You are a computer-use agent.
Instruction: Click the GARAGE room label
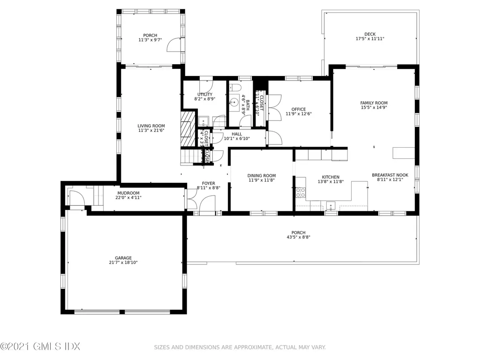click(x=123, y=258)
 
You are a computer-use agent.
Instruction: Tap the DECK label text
click(x=370, y=34)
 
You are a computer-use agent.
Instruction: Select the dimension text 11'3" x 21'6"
click(x=151, y=131)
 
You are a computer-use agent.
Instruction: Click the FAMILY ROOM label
click(x=374, y=103)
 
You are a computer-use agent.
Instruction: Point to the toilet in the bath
click(x=236, y=89)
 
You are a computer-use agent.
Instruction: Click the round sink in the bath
click(x=233, y=101)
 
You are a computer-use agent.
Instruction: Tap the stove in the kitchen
click(x=300, y=192)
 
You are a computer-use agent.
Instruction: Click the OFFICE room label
click(x=299, y=110)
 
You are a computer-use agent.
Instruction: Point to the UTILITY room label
click(x=204, y=94)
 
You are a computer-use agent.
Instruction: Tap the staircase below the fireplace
click(x=188, y=156)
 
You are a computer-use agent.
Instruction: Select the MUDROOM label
click(x=128, y=193)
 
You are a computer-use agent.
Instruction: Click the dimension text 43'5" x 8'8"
click(x=298, y=238)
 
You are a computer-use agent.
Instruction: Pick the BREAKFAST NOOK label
click(x=390, y=175)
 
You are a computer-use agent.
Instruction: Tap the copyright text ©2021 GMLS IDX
click(x=40, y=346)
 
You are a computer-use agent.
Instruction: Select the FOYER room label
click(x=209, y=183)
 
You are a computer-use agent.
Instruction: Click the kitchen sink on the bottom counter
click(x=331, y=204)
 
